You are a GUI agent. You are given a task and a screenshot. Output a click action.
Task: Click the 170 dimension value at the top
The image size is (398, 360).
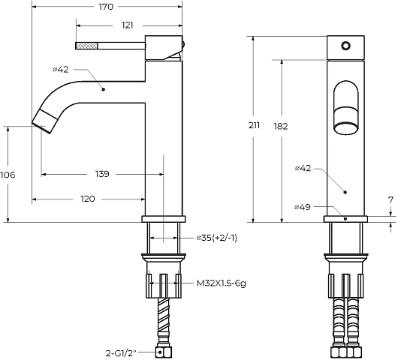click(106, 7)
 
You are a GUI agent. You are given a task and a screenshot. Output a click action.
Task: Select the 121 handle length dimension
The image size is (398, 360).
click(127, 25)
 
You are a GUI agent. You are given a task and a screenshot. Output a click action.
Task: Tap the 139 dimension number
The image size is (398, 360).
click(102, 174)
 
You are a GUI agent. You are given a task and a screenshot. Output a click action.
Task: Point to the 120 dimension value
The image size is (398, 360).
click(88, 199)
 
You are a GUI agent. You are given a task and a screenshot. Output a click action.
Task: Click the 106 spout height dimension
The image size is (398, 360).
click(8, 175)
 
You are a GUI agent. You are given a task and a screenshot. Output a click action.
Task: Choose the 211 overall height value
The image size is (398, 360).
click(254, 125)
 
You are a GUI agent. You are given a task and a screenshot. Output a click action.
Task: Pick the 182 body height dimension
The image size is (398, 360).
click(281, 126)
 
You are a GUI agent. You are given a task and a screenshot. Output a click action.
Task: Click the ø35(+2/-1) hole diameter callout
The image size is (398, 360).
click(217, 238)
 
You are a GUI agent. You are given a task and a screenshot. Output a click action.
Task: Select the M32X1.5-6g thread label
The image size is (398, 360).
click(222, 283)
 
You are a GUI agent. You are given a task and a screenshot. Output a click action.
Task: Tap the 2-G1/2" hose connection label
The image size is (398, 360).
click(121, 353)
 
